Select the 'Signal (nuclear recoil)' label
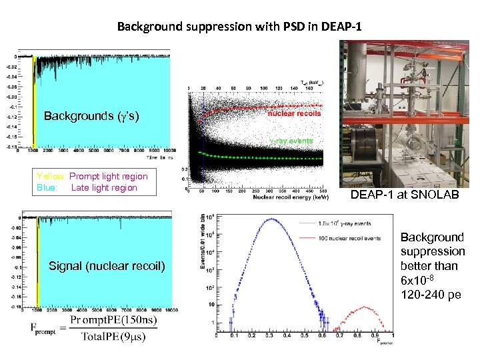(107, 267)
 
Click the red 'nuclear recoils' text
(294, 113)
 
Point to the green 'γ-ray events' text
(291, 141)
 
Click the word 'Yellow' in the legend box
(51, 176)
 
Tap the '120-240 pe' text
(430, 295)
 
